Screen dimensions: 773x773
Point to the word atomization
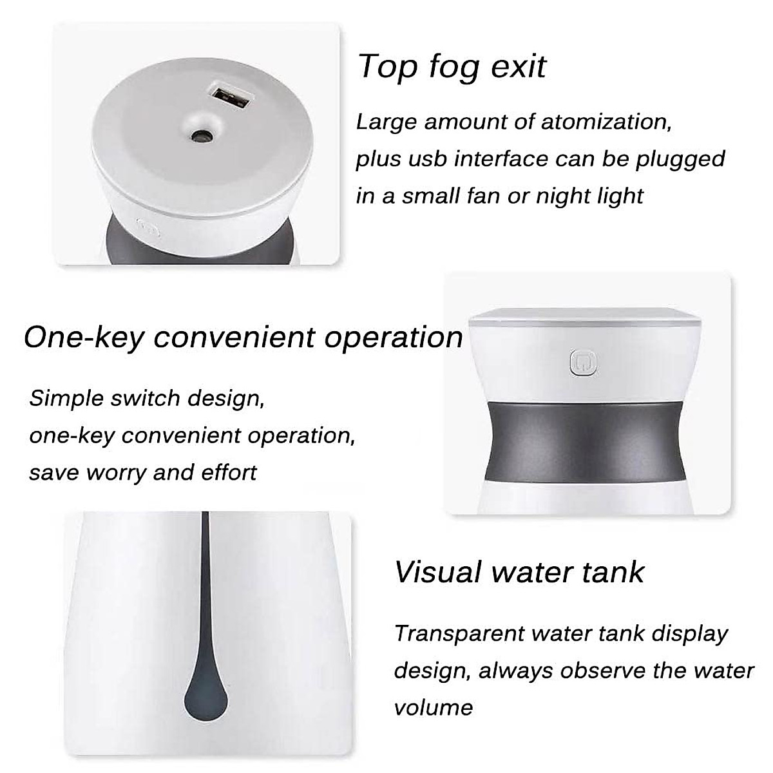[x=606, y=122]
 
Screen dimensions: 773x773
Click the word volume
[x=434, y=707]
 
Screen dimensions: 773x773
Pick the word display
[x=690, y=635]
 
